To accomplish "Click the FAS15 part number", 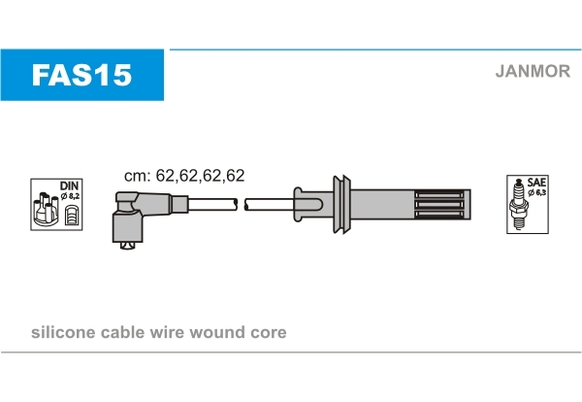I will click(81, 75).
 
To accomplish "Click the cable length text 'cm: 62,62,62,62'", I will click(183, 176).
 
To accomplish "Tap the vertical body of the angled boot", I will click(125, 229).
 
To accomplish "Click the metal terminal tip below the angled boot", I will click(125, 249).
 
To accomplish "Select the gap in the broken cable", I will click(241, 204).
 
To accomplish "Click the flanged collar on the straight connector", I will click(341, 204).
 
